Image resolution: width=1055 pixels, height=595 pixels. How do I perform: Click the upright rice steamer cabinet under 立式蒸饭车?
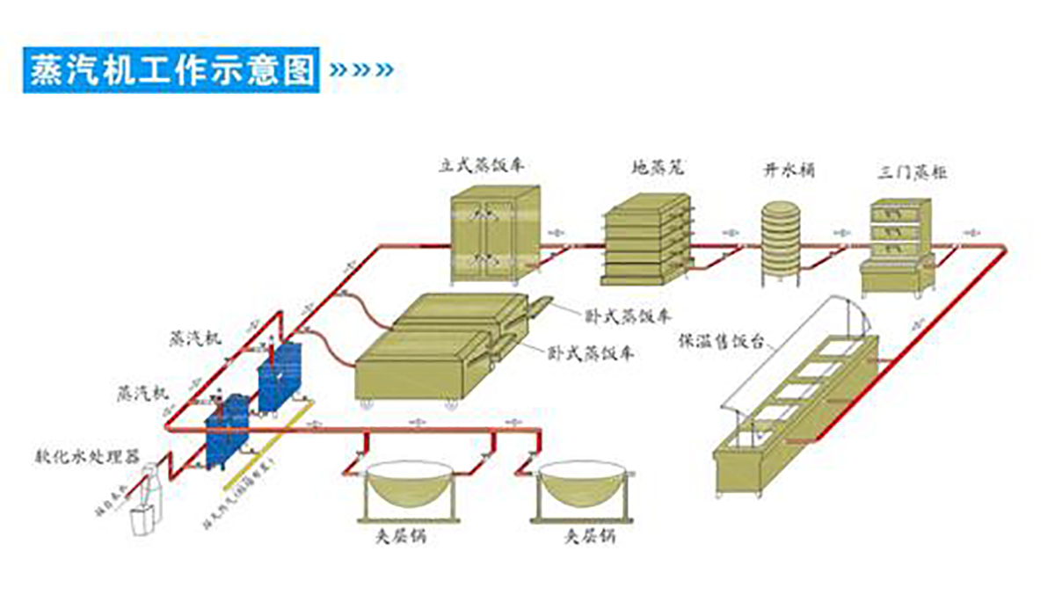(493, 235)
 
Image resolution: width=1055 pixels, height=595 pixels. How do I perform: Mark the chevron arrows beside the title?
(360, 70)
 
